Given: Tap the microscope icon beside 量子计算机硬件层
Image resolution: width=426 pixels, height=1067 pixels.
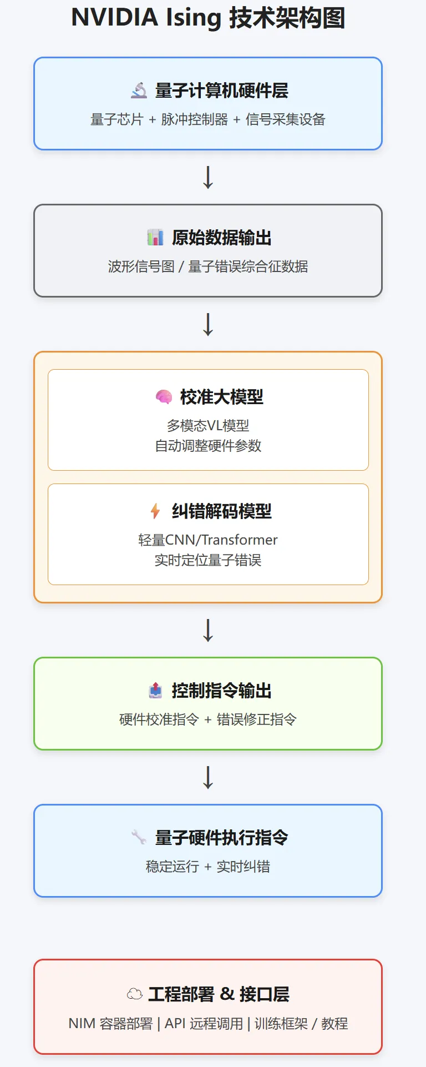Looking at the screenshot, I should point(139,90).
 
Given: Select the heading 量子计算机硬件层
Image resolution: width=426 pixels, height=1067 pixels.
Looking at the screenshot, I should point(221,90).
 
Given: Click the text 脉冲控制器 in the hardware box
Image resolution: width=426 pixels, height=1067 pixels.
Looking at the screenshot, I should point(194,119).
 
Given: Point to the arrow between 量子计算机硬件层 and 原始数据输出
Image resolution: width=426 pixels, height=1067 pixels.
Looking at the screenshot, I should point(208,177).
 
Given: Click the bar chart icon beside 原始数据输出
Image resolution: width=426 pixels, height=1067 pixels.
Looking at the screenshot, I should point(155,237).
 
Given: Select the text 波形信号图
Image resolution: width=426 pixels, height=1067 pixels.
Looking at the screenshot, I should point(141,266).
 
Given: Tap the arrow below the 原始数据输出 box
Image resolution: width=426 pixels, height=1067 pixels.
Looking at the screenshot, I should point(208,324).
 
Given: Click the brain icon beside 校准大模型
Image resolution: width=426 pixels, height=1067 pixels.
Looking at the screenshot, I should point(164,396).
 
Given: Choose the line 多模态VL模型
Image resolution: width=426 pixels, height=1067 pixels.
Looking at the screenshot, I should point(208,426).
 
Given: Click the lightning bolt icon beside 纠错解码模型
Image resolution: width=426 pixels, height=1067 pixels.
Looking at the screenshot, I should point(155,511).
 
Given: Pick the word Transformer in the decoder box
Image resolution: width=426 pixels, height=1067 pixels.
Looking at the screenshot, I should point(239,540).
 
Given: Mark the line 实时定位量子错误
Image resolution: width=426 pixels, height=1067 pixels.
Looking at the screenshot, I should point(208,560).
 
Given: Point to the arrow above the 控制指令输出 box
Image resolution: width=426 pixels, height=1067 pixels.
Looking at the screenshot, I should point(208,630).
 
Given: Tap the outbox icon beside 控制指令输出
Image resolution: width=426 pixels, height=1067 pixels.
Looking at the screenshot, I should point(155,690).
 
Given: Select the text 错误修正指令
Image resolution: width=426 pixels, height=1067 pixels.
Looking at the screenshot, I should point(256,719).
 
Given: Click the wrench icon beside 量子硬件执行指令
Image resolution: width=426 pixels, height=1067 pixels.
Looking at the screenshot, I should point(139,837).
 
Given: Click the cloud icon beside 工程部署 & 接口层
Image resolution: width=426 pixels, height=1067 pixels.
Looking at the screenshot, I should point(135,994).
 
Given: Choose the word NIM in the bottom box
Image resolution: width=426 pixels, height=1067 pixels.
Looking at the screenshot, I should point(81,1023).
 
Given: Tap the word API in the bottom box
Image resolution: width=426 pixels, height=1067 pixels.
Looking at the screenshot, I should point(175,1023).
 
